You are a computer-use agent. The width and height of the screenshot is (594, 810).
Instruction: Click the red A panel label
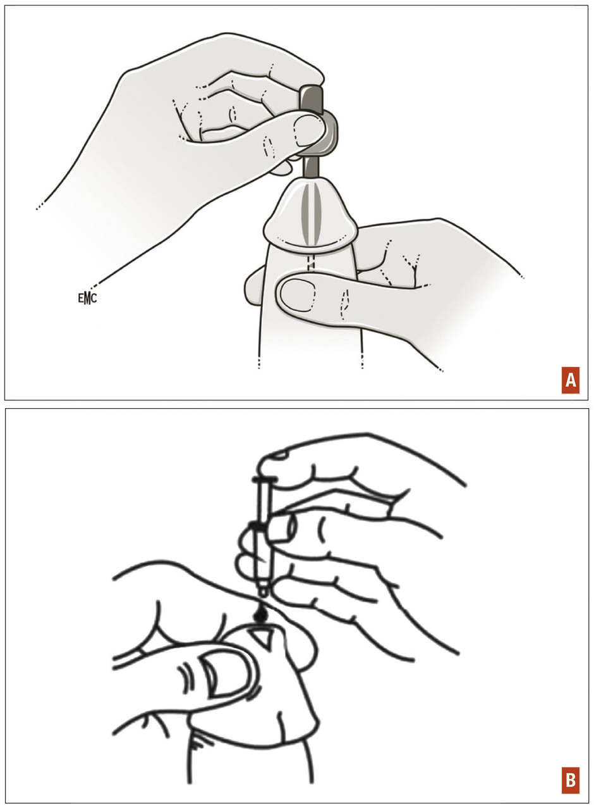[x=570, y=380]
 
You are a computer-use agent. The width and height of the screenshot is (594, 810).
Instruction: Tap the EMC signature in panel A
[x=87, y=298]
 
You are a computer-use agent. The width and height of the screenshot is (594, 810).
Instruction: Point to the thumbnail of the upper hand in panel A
[x=308, y=131]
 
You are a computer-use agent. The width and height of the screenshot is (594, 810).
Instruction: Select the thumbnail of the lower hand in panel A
[x=298, y=295]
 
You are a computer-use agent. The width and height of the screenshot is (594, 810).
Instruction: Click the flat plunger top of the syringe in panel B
[x=265, y=480]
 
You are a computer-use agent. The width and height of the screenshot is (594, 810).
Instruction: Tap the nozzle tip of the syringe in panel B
[x=264, y=591]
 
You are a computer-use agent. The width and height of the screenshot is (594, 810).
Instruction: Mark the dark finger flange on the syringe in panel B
[x=259, y=527]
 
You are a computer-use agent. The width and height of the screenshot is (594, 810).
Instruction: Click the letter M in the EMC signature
[x=87, y=299]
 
